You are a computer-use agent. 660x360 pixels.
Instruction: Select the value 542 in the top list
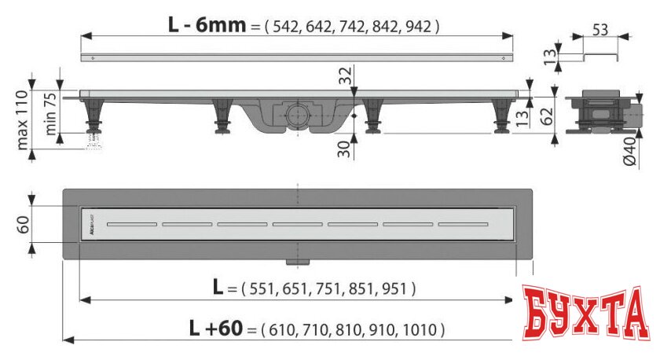pos(286,26)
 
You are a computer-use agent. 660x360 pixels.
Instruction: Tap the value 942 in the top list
pos(416,26)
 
